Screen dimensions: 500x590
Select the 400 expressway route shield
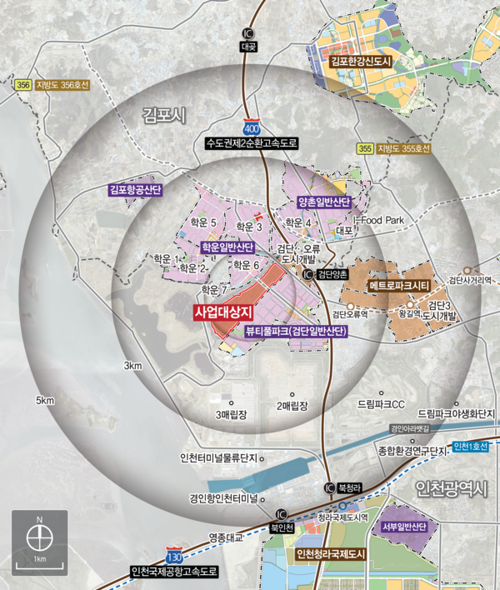251,129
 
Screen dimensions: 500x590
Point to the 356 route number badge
22,84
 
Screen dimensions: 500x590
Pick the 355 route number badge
364,148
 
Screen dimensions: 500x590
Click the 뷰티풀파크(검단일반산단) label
296,331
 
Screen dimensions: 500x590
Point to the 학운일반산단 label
226,247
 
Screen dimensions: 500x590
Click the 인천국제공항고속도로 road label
173,572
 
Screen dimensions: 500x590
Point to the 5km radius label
44,401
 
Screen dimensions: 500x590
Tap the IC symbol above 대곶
247,34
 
